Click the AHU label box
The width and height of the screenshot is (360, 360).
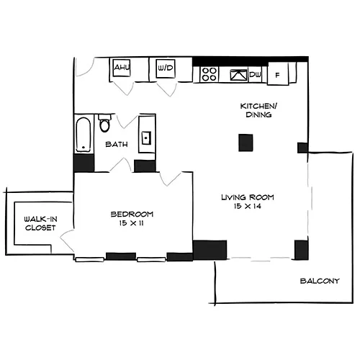(x=122, y=68)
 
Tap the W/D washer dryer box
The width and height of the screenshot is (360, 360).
(x=166, y=68)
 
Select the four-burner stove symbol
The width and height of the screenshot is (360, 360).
(x=209, y=74)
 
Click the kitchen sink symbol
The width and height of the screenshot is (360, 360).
(x=238, y=75)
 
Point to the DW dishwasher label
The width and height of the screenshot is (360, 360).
(x=255, y=75)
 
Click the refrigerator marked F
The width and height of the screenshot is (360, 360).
(x=278, y=73)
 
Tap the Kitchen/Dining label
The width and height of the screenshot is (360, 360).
(x=258, y=110)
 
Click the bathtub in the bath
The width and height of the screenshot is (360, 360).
(x=84, y=135)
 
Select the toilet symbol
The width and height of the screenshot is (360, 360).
(x=104, y=123)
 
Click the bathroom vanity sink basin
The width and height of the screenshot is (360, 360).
(x=146, y=138)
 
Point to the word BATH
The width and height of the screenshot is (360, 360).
(x=117, y=144)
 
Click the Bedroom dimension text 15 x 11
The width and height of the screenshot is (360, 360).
(x=131, y=223)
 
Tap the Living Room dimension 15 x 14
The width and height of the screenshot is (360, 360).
(x=248, y=206)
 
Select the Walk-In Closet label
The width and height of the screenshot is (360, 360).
(x=40, y=223)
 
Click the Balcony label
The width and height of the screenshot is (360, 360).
(x=320, y=281)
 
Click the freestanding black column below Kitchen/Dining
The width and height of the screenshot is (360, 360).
(x=246, y=143)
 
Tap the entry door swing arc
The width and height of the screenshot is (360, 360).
(x=85, y=68)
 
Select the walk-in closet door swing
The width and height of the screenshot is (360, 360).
(x=67, y=240)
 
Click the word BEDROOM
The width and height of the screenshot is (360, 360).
(x=132, y=214)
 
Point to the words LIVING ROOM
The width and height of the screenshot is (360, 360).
(x=248, y=197)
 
